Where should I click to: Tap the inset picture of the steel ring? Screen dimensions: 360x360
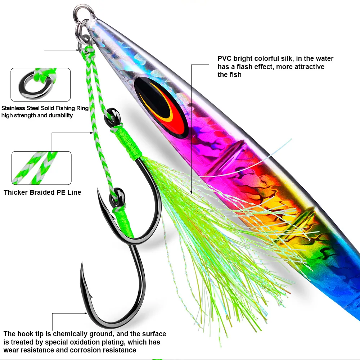click(x=40, y=85)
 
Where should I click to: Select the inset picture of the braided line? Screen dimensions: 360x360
click(x=41, y=168)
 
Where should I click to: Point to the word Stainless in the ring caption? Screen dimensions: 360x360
click(x=14, y=108)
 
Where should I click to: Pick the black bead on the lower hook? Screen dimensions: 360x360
click(x=118, y=193)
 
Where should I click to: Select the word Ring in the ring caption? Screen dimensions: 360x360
click(x=80, y=108)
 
